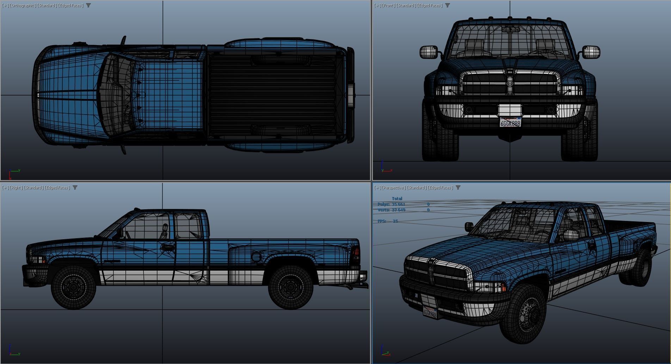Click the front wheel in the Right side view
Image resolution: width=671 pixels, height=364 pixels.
[x=74, y=287]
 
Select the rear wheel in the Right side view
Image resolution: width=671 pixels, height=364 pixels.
[x=291, y=287]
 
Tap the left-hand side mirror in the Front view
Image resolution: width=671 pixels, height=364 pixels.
[x=429, y=52]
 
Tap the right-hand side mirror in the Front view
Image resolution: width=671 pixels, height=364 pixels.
[x=591, y=52]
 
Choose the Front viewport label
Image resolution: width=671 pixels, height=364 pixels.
[x=389, y=5]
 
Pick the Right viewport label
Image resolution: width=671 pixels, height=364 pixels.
[x=16, y=187]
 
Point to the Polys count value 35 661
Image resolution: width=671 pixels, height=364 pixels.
[x=398, y=204]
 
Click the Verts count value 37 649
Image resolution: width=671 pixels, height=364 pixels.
[x=398, y=210]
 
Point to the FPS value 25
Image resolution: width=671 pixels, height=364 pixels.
[x=395, y=221]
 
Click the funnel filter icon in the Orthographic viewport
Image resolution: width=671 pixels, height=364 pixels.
[x=88, y=5]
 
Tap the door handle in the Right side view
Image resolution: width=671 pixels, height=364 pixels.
[x=167, y=248]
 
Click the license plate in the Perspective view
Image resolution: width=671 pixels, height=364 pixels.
[x=430, y=313]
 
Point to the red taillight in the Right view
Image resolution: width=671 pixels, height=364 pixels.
[x=356, y=253]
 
